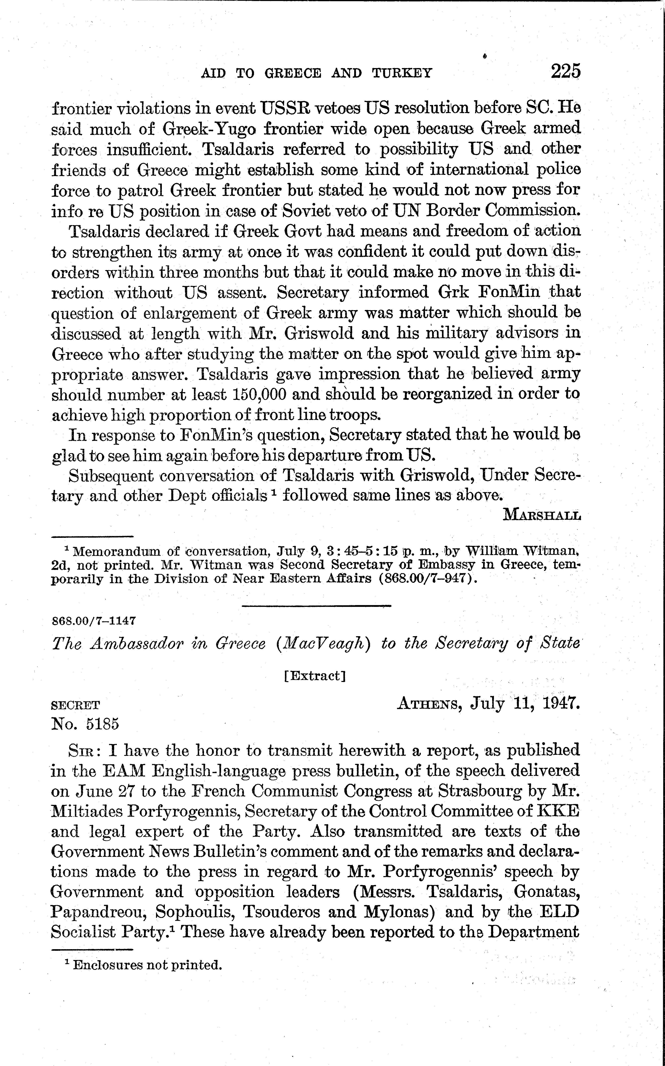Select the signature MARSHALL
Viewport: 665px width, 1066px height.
pyautogui.click(x=542, y=515)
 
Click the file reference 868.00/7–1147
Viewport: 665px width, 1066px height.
pyautogui.click(x=94, y=621)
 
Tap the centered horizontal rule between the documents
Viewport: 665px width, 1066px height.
pyautogui.click(x=316, y=606)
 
